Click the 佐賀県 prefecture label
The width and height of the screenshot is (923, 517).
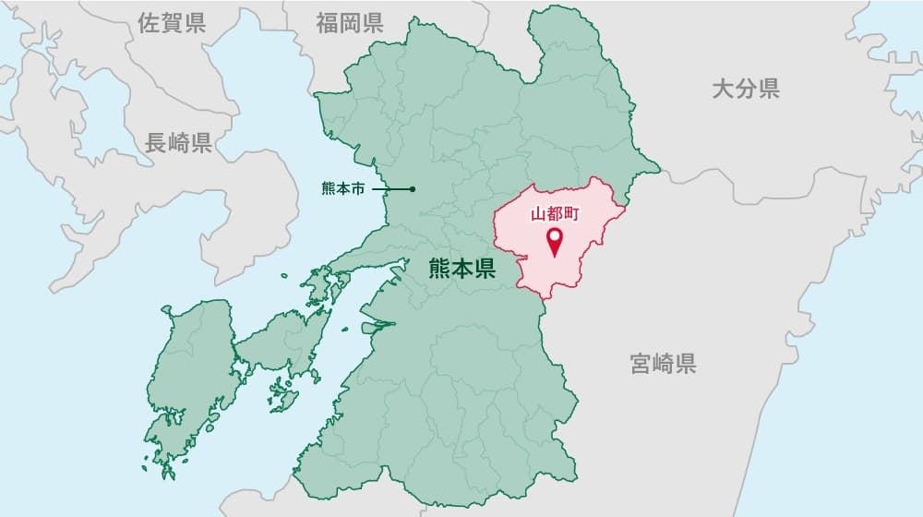[171, 24]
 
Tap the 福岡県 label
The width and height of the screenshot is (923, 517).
[349, 24]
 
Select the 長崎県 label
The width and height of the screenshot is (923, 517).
[178, 143]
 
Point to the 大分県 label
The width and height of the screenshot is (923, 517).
[746, 89]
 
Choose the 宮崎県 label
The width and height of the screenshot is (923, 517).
[663, 363]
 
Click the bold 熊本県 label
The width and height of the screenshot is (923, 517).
[461, 270]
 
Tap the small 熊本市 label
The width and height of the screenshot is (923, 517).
[343, 189]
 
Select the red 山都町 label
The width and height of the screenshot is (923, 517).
[555, 216]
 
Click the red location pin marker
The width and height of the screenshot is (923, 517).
[555, 242]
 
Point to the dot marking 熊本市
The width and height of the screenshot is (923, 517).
[413, 189]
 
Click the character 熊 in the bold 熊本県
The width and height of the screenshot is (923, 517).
[439, 270]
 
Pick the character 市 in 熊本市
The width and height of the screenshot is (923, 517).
[359, 189]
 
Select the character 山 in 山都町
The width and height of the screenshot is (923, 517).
[539, 216]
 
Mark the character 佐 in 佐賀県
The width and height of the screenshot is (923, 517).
[148, 24]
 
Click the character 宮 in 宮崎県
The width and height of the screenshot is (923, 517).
[641, 363]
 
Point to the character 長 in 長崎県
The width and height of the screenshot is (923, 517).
[155, 143]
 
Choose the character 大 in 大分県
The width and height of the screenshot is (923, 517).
[723, 89]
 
